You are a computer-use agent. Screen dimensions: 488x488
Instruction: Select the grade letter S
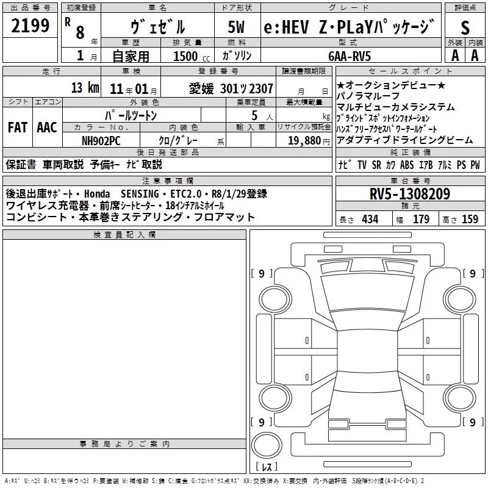(465, 27)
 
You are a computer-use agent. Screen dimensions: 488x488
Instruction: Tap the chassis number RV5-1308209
(410, 195)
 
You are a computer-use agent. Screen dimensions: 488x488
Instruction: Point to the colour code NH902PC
(101, 140)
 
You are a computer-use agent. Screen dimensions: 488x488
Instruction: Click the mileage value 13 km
(85, 88)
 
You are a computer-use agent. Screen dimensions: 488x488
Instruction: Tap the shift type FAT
(17, 127)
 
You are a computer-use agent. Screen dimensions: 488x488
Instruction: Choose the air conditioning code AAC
(47, 127)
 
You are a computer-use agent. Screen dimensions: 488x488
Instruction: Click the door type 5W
(237, 27)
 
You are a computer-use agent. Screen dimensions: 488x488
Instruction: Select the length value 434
(369, 219)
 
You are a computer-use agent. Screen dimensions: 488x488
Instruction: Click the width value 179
(421, 219)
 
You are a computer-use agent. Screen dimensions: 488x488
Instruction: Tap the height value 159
(470, 219)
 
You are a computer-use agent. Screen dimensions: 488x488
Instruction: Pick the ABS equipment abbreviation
(407, 164)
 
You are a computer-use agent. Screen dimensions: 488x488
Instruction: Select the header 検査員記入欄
(124, 234)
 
